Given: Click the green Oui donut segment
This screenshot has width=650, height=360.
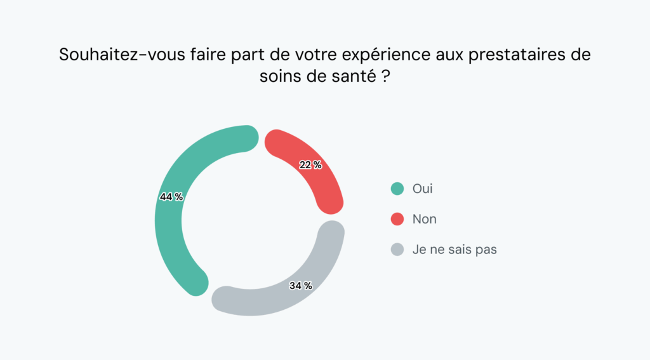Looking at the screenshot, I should [x=170, y=235].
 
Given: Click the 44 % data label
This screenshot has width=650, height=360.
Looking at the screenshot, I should [x=171, y=197].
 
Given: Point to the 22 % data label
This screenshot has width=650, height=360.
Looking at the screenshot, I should [x=310, y=165].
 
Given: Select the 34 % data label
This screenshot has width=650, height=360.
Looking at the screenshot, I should [x=300, y=286].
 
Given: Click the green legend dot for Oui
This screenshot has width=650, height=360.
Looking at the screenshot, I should [x=397, y=189].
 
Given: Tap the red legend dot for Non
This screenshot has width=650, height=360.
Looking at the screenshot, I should [x=397, y=219].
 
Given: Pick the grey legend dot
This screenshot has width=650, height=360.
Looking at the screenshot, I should [x=397, y=250].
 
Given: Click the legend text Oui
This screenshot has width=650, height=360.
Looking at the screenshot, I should [x=423, y=189].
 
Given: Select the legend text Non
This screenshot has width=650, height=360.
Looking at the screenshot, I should [x=425, y=219].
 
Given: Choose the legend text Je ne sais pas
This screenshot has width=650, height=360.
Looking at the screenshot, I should [x=454, y=250].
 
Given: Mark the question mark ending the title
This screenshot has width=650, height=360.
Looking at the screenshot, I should [x=386, y=77].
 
